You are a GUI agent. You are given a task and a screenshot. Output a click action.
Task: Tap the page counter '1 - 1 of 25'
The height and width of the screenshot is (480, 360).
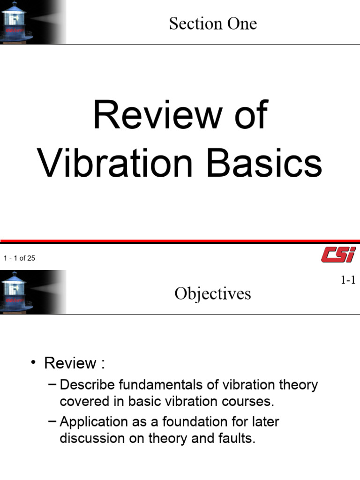[20, 258]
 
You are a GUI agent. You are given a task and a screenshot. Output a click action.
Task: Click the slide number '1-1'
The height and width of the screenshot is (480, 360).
[348, 280]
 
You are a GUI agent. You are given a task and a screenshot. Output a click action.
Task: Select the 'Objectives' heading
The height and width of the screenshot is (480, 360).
[213, 293]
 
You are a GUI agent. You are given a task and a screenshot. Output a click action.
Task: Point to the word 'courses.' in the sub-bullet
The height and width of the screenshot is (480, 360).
[251, 402]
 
